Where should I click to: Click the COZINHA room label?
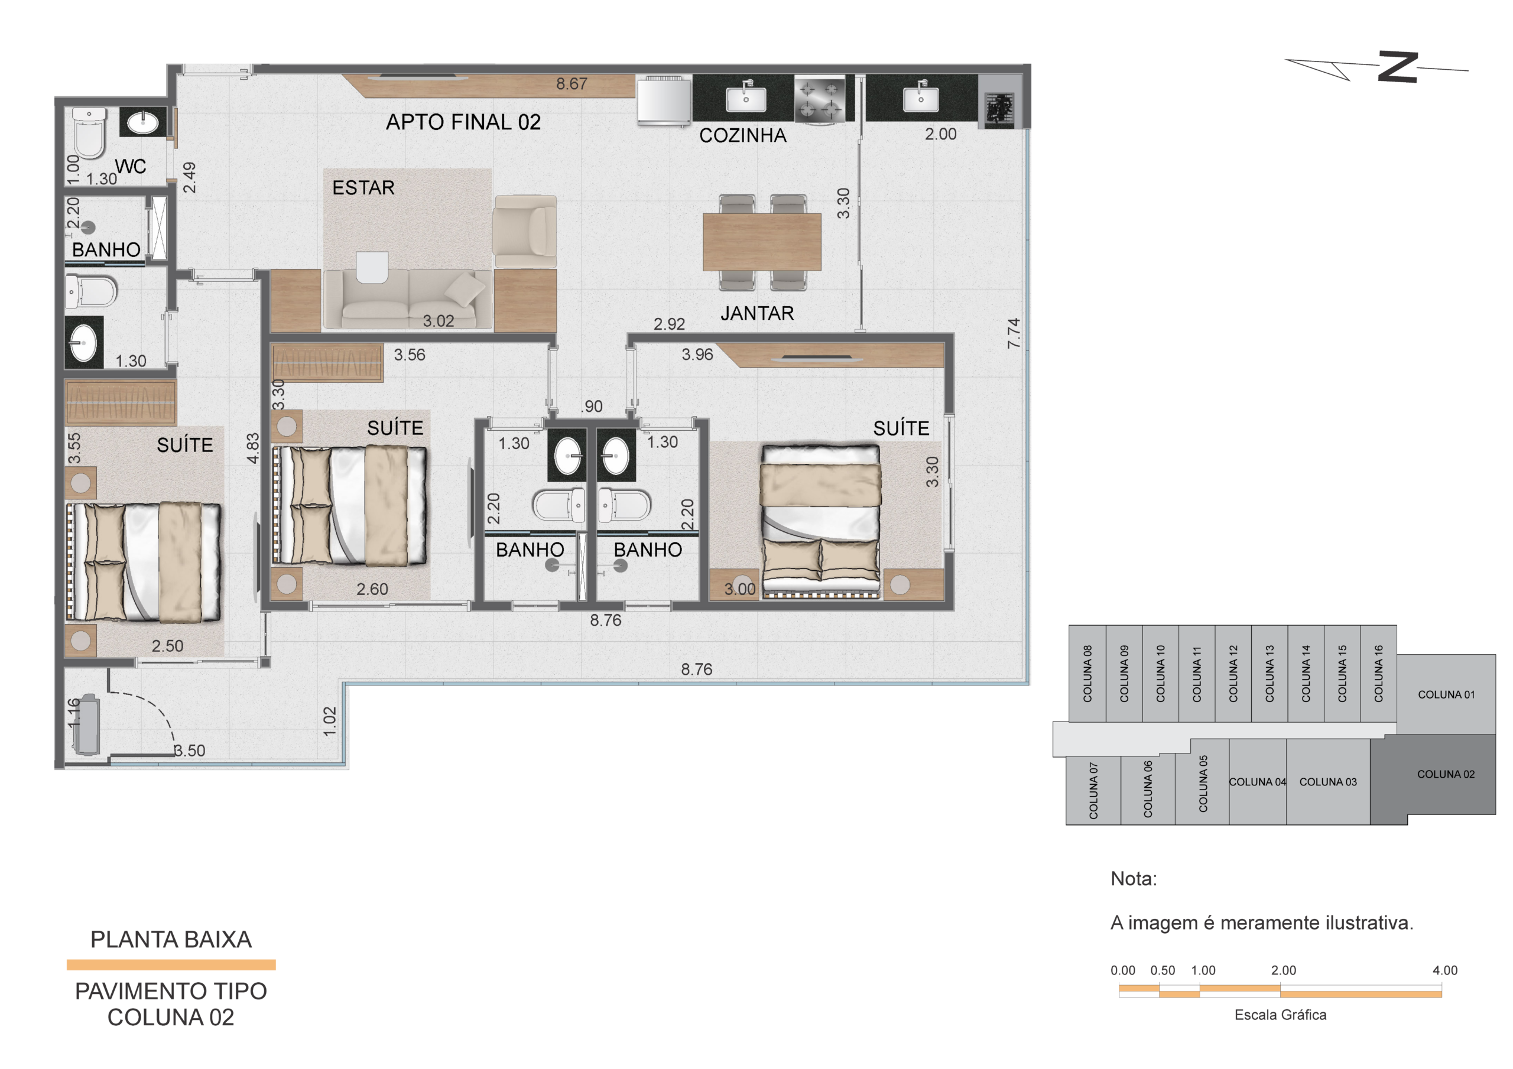(x=743, y=136)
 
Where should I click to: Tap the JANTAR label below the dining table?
(x=757, y=313)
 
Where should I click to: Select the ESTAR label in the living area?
(x=363, y=188)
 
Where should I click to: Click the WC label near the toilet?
(x=131, y=167)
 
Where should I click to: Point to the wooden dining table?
(x=762, y=242)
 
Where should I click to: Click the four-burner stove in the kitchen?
(x=819, y=98)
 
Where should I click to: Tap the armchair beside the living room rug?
(x=525, y=231)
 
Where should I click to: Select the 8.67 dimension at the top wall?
(x=572, y=84)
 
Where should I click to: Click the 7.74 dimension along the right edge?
(x=1014, y=333)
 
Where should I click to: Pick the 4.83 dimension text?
(x=253, y=448)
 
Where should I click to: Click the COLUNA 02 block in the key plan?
(x=1446, y=774)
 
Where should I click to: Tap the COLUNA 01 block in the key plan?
(x=1446, y=695)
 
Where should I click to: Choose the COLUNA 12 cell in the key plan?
(x=1233, y=674)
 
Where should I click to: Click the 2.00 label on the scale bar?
(x=1284, y=970)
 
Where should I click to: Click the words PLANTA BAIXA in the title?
(x=171, y=939)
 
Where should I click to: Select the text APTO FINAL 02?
(x=463, y=122)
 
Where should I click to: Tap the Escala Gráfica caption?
(x=1280, y=1015)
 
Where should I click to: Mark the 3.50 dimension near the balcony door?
(x=190, y=750)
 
